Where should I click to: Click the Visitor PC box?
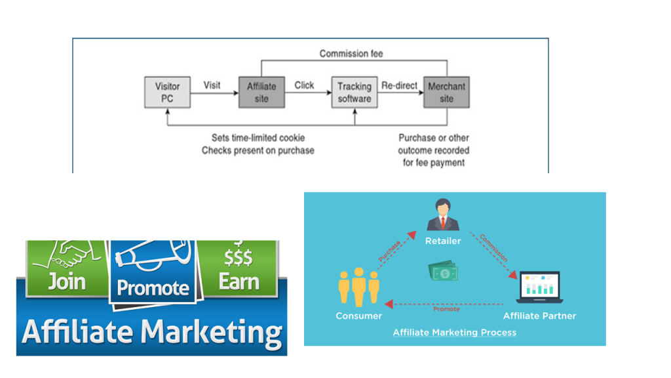167,92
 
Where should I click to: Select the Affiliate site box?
261,92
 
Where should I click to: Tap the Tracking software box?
355,92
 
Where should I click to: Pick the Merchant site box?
446,92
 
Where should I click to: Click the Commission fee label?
351,54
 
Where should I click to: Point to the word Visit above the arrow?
212,85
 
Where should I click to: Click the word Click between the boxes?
304,85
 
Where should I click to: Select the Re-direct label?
399,85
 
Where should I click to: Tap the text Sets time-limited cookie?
258,138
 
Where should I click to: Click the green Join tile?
67,268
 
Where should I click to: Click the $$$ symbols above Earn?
239,258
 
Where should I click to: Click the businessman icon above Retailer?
443,215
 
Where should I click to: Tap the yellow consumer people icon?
358,287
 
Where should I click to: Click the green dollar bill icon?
443,272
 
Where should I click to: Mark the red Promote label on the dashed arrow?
446,309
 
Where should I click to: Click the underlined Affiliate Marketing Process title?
455,333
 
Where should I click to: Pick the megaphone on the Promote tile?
153,255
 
